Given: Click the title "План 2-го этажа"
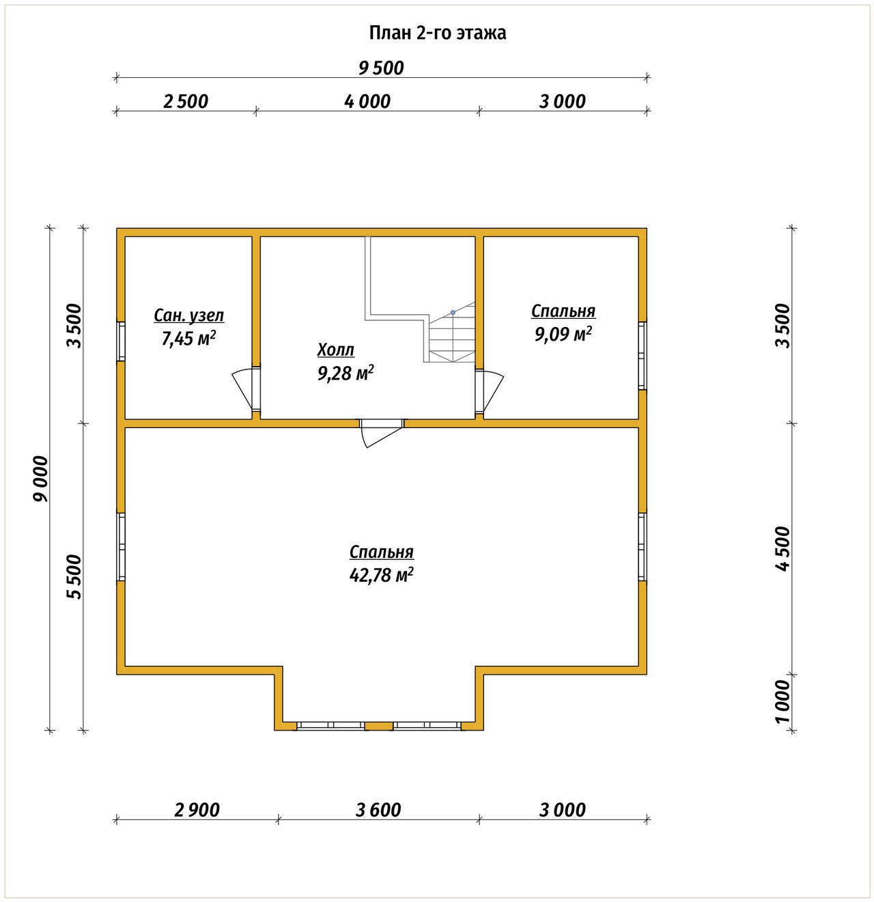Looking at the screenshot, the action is click(x=437, y=33).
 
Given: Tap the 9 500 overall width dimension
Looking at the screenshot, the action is click(x=381, y=68).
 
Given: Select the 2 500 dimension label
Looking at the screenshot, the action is click(x=185, y=102).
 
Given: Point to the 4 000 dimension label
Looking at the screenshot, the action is click(x=367, y=102).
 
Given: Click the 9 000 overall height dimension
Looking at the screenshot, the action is click(x=40, y=479).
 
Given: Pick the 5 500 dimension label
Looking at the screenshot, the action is click(x=74, y=577).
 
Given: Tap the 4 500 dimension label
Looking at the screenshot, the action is click(x=783, y=549).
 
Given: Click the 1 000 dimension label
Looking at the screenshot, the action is click(x=783, y=702).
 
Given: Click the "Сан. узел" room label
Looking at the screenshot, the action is click(x=188, y=316).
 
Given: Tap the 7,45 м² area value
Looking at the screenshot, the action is click(x=188, y=339).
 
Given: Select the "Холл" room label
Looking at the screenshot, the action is click(x=335, y=350).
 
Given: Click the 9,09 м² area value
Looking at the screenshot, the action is click(x=563, y=334).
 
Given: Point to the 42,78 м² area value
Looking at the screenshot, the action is click(x=381, y=575).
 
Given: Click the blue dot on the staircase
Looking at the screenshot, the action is click(x=453, y=313).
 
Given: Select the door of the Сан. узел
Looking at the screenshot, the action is click(x=246, y=389).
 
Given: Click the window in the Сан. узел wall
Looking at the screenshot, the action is click(x=120, y=341).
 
